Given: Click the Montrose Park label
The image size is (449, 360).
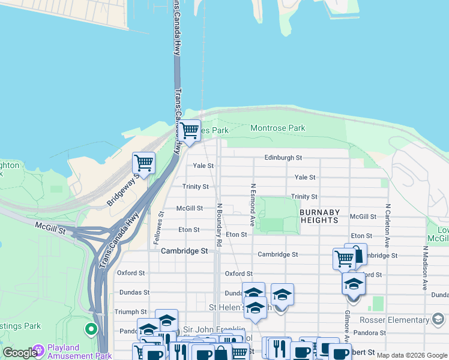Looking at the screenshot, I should [x=277, y=128].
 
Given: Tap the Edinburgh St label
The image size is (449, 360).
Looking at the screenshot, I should [x=283, y=158].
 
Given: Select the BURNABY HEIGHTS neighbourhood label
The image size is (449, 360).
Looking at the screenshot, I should [x=319, y=217].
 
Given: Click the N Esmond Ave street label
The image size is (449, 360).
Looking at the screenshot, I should [x=253, y=200].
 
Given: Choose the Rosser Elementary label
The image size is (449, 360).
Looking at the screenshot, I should [x=411, y=320].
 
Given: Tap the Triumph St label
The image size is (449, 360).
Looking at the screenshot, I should [x=131, y=312].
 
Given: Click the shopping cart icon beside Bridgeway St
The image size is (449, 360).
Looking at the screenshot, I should [x=143, y=162].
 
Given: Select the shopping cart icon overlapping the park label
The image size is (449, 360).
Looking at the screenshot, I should [x=190, y=130].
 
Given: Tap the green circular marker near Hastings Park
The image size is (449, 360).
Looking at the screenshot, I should [x=91, y=329].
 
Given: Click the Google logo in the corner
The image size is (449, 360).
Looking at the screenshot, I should [x=20, y=353].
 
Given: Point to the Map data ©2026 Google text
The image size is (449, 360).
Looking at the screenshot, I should [x=411, y=356].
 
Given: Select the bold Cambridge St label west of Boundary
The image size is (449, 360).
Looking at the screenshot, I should [x=184, y=251].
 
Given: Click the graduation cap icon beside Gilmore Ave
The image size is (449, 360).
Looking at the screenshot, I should [x=354, y=284].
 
